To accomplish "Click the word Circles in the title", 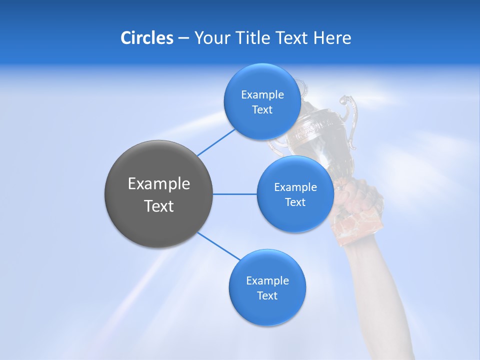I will [x=146, y=38].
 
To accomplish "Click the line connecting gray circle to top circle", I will [x=215, y=142].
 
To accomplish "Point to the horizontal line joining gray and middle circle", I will [x=235, y=194].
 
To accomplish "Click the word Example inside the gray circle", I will [x=158, y=184].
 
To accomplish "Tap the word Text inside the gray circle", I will [x=158, y=206].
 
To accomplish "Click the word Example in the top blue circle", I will [x=262, y=95].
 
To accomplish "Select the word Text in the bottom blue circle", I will [x=267, y=295].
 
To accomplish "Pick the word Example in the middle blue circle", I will [x=295, y=187].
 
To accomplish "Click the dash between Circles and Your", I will [x=183, y=38].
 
